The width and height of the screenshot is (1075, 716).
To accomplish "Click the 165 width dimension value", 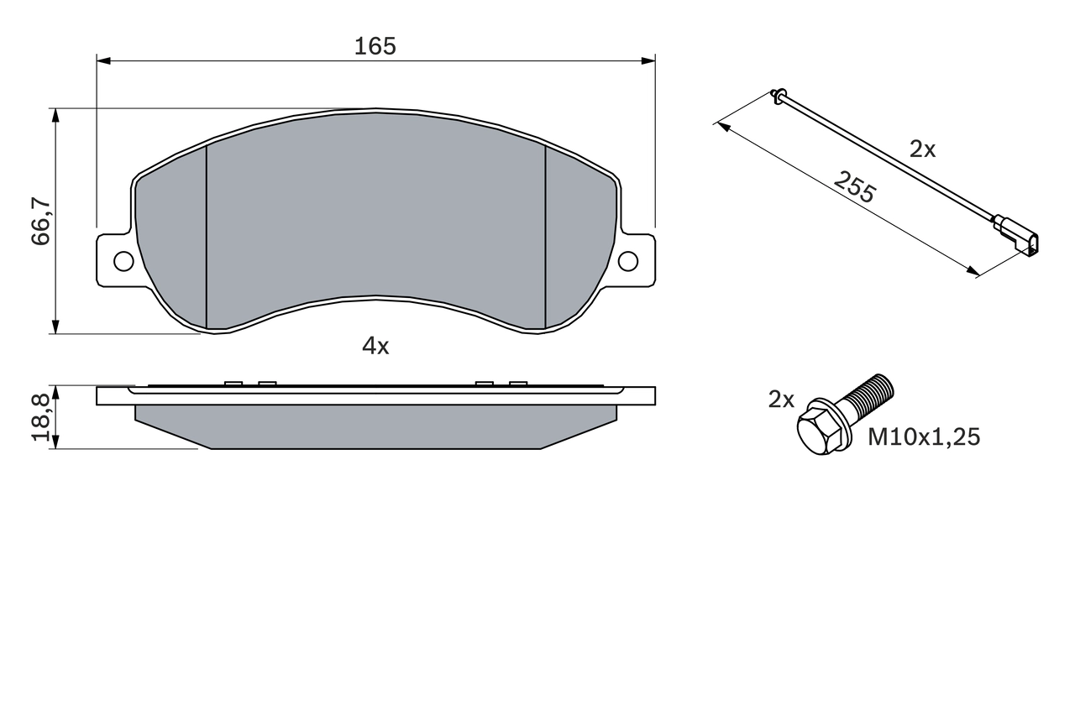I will click(x=375, y=46).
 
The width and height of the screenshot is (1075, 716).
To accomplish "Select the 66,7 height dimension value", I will click(x=41, y=221).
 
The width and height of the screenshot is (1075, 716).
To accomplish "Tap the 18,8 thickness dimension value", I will click(x=41, y=417).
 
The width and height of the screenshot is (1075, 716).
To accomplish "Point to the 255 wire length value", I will click(x=854, y=187).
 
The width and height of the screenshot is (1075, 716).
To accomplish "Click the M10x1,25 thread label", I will click(x=924, y=436).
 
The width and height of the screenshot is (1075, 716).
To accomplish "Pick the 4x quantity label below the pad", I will click(x=375, y=345).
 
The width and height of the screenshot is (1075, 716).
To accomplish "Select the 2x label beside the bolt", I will click(x=781, y=400).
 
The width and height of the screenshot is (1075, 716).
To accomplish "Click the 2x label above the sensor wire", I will click(x=922, y=149).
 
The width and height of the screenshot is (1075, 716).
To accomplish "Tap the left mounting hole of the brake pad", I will click(x=123, y=261).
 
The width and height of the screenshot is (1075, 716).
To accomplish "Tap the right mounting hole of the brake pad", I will click(x=628, y=261).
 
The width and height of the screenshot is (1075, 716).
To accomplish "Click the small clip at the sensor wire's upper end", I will click(x=778, y=95).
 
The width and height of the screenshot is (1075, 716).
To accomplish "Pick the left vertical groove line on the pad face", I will click(x=206, y=235).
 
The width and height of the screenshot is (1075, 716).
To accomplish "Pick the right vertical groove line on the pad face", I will click(x=546, y=235).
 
